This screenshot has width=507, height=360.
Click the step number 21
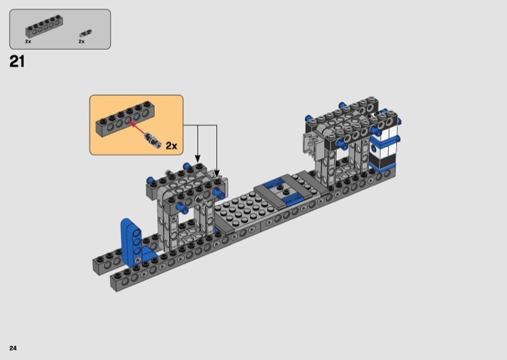[17, 61]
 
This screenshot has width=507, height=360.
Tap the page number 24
[13, 348]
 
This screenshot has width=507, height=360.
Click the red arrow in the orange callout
[137, 127]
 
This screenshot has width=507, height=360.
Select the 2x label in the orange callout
[172, 146]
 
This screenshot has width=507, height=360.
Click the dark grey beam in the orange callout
[125, 119]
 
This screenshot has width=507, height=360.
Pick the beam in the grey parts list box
[44, 26]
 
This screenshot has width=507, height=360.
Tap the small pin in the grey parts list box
[85, 33]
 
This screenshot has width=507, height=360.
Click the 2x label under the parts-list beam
[28, 41]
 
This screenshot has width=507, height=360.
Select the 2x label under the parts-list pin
[82, 41]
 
